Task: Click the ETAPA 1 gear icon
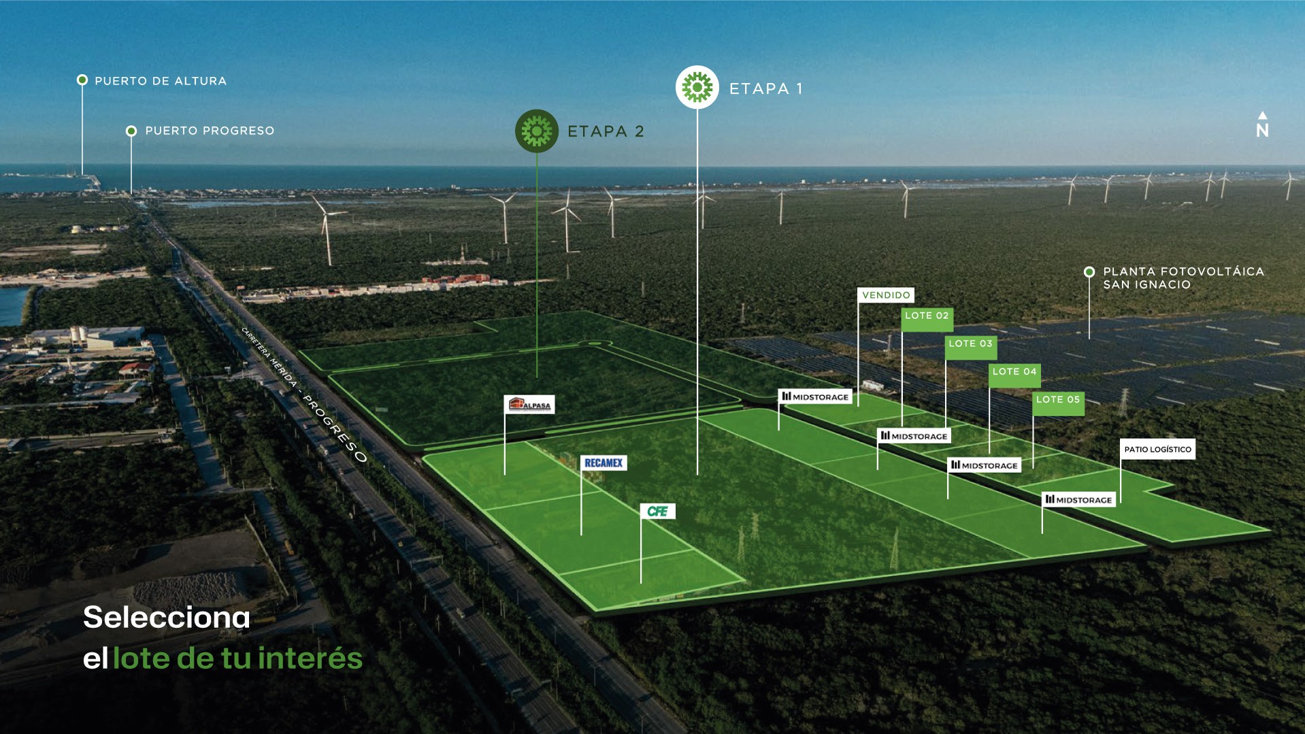click(x=697, y=87)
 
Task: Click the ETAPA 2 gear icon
click(x=537, y=131)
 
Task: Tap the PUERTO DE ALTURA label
click(x=161, y=81)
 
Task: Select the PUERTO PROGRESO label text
click(x=210, y=131)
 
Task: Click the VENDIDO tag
click(x=886, y=295)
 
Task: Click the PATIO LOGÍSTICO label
click(x=1157, y=449)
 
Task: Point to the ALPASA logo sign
click(x=529, y=405)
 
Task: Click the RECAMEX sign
click(x=604, y=463)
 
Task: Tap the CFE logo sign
click(x=657, y=511)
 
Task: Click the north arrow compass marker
click(x=1262, y=125)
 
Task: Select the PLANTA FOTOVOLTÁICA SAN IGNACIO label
click(x=1183, y=278)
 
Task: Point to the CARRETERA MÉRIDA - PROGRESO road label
click(x=304, y=395)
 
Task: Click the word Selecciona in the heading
click(x=167, y=617)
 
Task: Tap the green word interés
click(x=310, y=658)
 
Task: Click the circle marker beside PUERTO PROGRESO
click(x=131, y=131)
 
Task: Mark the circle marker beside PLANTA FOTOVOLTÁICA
click(x=1089, y=272)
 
